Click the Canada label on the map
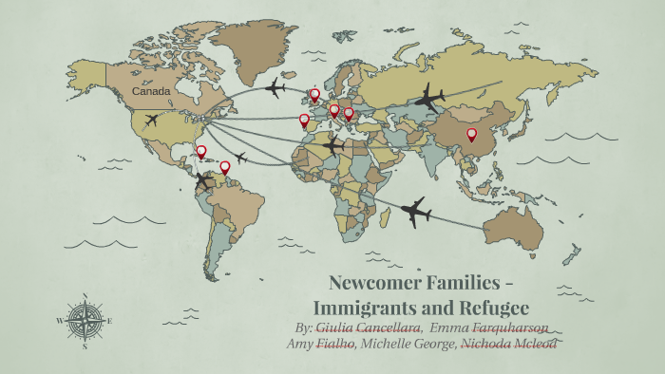pos(151,92)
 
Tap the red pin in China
pos(471,135)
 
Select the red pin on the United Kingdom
pos(314,95)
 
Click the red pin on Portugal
pos(304,121)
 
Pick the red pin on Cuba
pos(200,151)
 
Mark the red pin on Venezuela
pos(225,167)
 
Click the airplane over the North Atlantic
pos(275,89)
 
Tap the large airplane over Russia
pos(430,97)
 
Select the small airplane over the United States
pos(151,121)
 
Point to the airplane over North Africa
pos(332,146)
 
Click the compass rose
pos(85,322)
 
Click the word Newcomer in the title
pos(372,284)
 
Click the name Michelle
pos(387,344)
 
